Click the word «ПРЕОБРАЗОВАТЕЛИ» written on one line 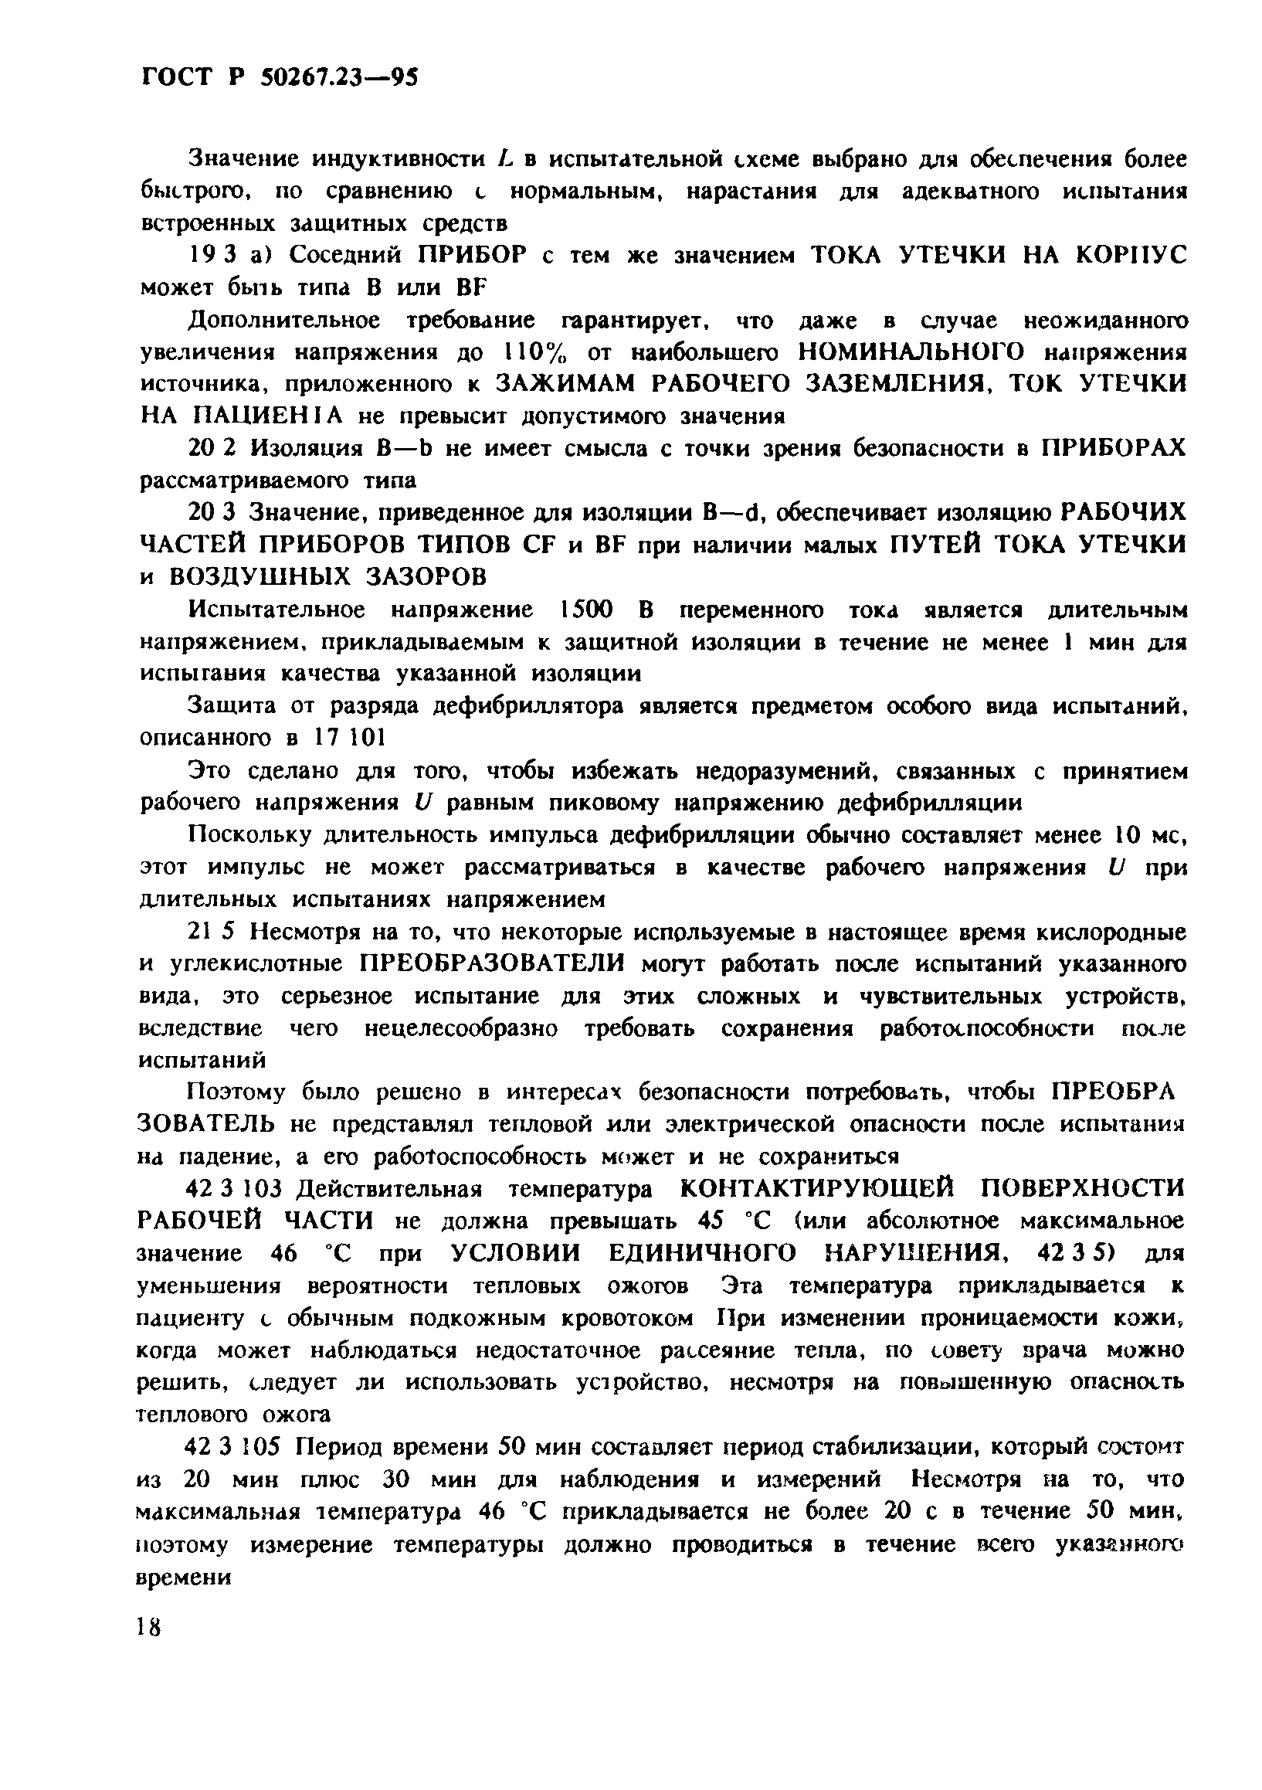pos(493,964)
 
